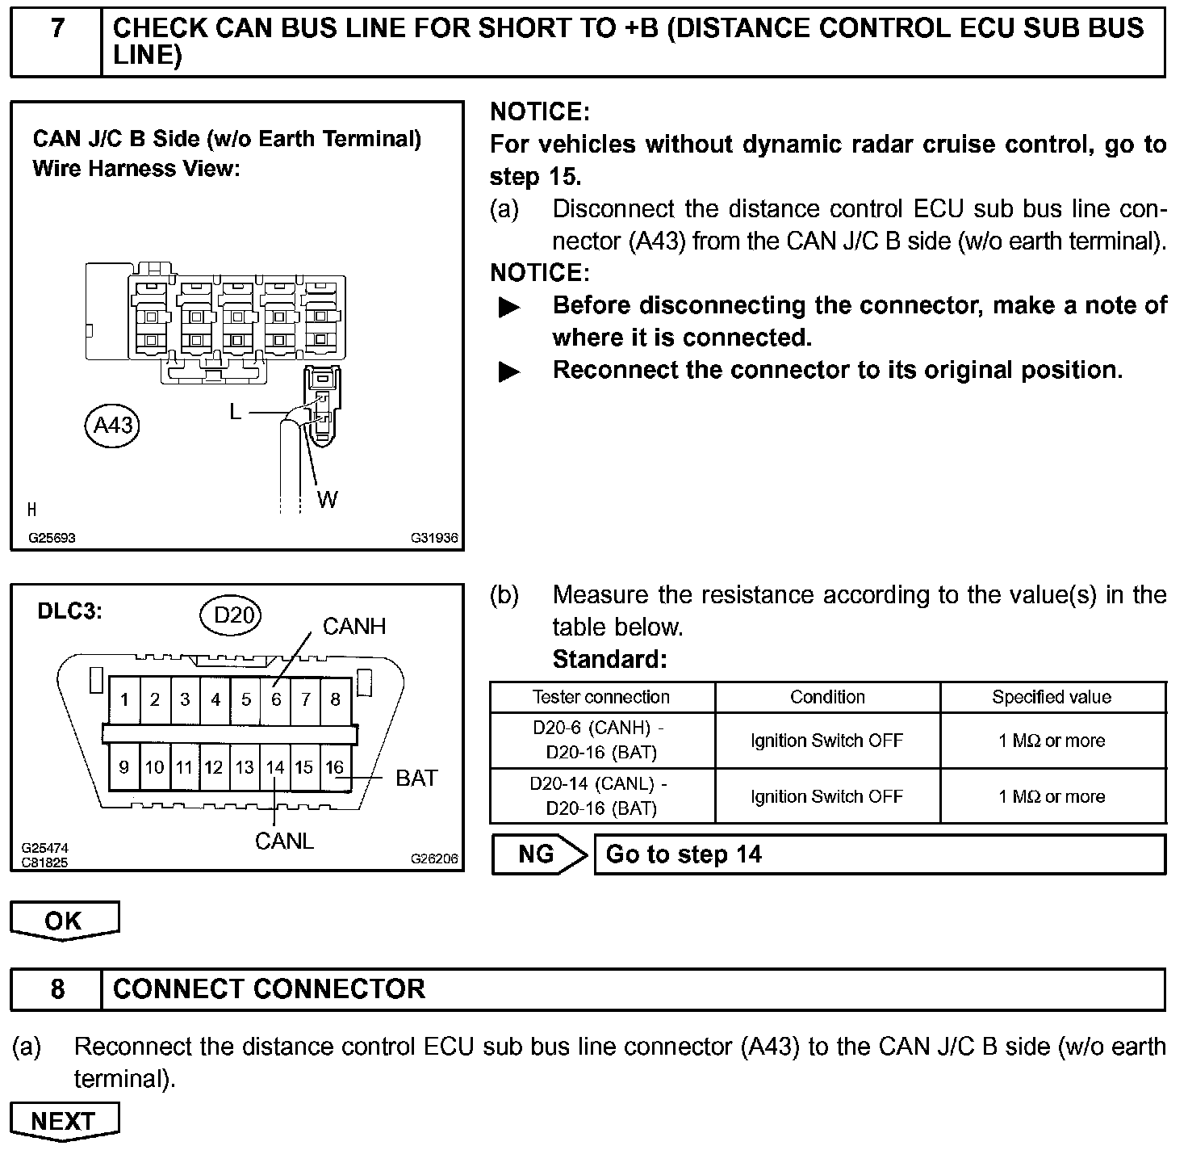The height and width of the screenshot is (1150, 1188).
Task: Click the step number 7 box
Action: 56,42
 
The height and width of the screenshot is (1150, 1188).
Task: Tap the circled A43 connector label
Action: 112,425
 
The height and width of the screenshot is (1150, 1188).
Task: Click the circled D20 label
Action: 233,615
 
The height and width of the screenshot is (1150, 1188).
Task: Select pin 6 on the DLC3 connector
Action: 276,699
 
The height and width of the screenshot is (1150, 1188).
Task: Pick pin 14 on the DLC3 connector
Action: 275,767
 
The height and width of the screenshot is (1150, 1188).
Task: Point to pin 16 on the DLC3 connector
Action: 335,767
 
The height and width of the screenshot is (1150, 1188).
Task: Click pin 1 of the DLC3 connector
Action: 124,699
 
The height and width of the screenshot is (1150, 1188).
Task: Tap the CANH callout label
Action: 354,626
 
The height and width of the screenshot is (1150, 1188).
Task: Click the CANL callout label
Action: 284,841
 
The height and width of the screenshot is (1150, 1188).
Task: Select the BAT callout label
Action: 416,778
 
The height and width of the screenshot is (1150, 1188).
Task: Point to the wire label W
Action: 327,500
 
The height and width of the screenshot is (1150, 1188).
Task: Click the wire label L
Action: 235,412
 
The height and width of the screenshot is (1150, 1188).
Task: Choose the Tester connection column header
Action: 601,697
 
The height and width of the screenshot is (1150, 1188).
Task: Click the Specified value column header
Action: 1052,697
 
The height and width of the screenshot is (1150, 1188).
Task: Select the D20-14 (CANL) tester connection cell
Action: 601,795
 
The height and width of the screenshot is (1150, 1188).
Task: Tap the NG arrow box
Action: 538,854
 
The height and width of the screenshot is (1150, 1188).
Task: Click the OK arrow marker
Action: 64,921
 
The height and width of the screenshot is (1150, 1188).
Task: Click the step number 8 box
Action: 56,989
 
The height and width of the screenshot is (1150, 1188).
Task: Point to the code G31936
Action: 434,538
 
